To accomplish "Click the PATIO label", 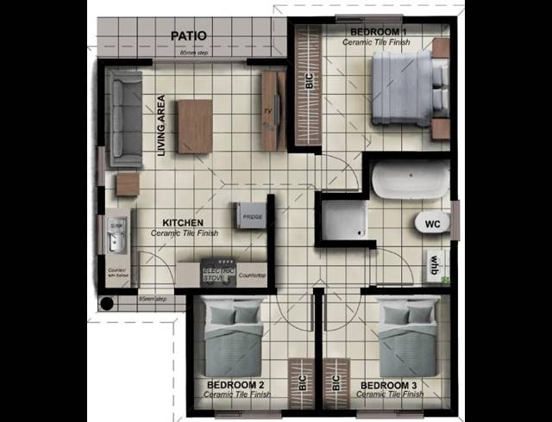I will pyautogui.click(x=188, y=35).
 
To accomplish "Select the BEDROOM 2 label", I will pyautogui.click(x=235, y=384).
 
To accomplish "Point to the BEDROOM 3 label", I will pyautogui.click(x=389, y=384).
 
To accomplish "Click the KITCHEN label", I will pyautogui.click(x=184, y=223).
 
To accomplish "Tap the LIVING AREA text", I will pyautogui.click(x=161, y=125).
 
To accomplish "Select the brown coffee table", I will pyautogui.click(x=196, y=126).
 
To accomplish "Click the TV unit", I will pyautogui.click(x=272, y=111).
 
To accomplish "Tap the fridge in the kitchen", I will pyautogui.click(x=249, y=216).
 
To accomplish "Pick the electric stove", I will pyautogui.click(x=218, y=273).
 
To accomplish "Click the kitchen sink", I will pyautogui.click(x=116, y=233).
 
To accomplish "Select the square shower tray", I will pyautogui.click(x=342, y=218).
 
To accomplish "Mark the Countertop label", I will pyautogui.click(x=251, y=276).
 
